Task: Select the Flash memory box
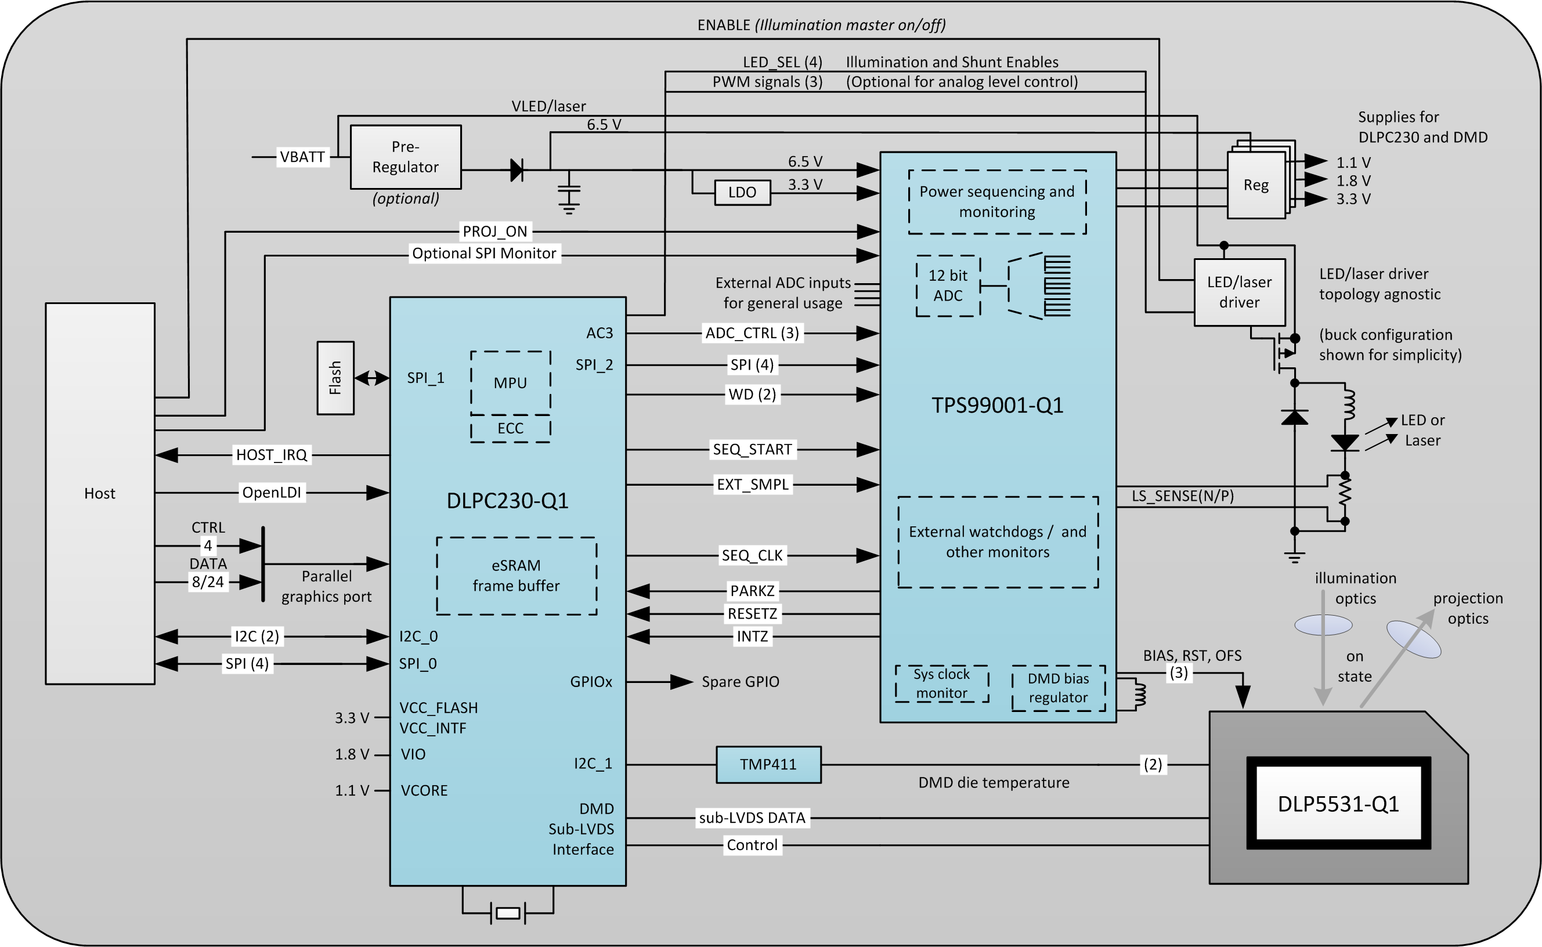[335, 378]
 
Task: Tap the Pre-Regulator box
[405, 157]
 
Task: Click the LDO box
[742, 192]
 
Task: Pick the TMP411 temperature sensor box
[768, 764]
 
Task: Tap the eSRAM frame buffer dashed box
[516, 576]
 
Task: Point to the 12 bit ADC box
[947, 285]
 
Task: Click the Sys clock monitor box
[941, 684]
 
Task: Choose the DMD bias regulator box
[1058, 688]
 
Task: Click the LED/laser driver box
[1239, 292]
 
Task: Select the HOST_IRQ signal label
[271, 455]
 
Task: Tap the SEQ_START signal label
[752, 449]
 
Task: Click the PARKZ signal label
[752, 591]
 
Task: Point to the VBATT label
[302, 157]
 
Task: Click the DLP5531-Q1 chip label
[1338, 804]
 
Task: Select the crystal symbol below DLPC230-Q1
[507, 913]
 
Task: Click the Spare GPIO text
[740, 681]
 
